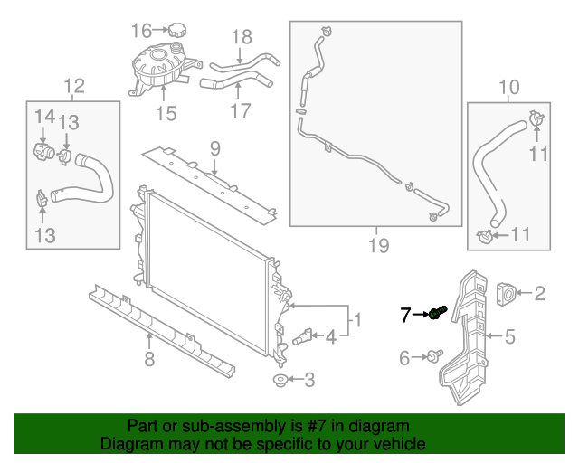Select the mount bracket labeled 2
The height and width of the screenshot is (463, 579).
pos(508,292)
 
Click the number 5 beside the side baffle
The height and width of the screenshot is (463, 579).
pos(510,338)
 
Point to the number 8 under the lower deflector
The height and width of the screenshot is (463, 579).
pos(149,361)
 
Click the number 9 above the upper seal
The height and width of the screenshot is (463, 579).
pos(214,147)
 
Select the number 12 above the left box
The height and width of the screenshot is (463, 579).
pos(73,87)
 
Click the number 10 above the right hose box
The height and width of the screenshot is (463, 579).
pos(509,88)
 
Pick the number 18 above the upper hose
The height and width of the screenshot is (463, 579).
pos(241,37)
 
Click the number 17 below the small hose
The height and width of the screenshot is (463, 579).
pos(240,112)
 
